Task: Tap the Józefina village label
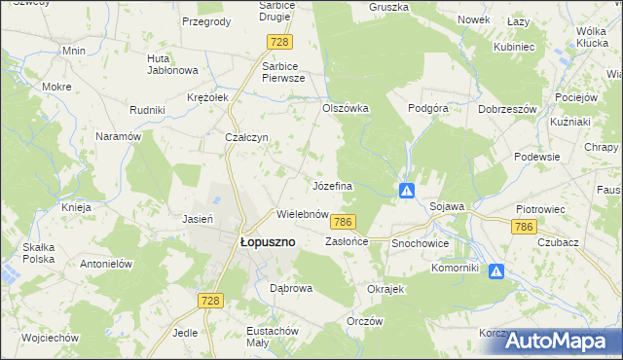pos(332,185)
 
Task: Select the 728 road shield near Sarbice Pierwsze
pos(279,41)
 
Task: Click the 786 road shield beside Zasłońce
pos(342,222)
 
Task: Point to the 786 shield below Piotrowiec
pos(524,226)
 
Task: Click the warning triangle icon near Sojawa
pos(408,190)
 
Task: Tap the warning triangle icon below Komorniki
pos(496,272)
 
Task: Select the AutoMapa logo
pos(563,341)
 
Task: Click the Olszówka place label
pos(346,108)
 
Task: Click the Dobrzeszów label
pos(508,109)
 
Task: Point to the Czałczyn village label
pos(246,137)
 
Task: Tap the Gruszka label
pos(387,7)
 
